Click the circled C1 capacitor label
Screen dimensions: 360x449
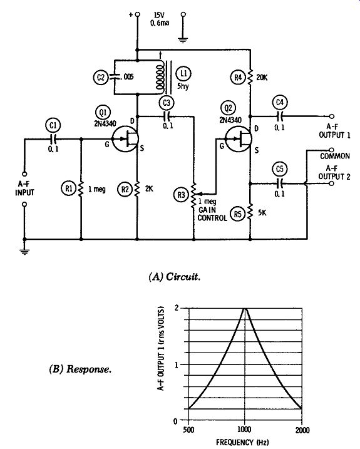[x=53, y=125]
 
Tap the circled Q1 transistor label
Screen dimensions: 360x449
[x=103, y=113]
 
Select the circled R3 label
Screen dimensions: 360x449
[x=182, y=195]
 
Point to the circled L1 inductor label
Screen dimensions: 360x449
[x=183, y=74]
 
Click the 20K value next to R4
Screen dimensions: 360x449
[x=262, y=78]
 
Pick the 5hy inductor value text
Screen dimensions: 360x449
[x=183, y=86]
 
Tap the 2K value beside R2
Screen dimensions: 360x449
[x=149, y=189]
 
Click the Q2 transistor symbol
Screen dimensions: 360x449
[x=239, y=139]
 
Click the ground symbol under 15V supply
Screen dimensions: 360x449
[x=183, y=40]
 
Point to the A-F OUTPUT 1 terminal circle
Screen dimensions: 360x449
[x=332, y=116]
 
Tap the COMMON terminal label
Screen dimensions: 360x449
[x=335, y=157]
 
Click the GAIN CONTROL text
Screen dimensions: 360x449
[x=212, y=214]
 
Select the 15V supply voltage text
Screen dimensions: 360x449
[x=159, y=15]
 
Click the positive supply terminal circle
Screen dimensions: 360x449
[x=138, y=14]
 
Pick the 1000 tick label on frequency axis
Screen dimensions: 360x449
[x=244, y=430]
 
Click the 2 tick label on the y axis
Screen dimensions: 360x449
[x=176, y=308]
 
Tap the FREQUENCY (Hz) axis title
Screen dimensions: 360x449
[x=242, y=442]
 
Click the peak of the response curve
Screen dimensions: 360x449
[x=245, y=309]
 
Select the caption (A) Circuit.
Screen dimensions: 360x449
[x=175, y=277]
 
